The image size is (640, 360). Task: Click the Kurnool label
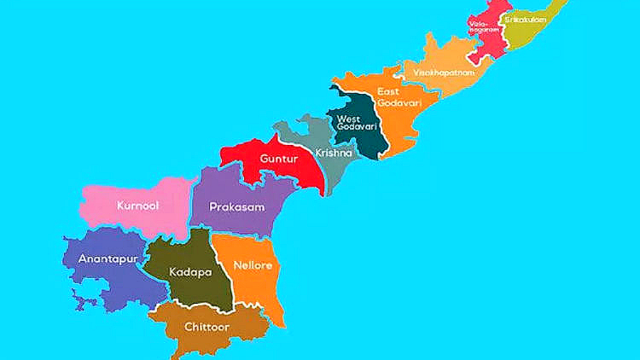tap(138, 206)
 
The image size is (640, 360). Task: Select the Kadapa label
tap(190, 272)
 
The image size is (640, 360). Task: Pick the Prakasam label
tap(237, 207)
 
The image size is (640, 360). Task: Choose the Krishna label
tap(334, 153)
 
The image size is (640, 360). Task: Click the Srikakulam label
tap(525, 20)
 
